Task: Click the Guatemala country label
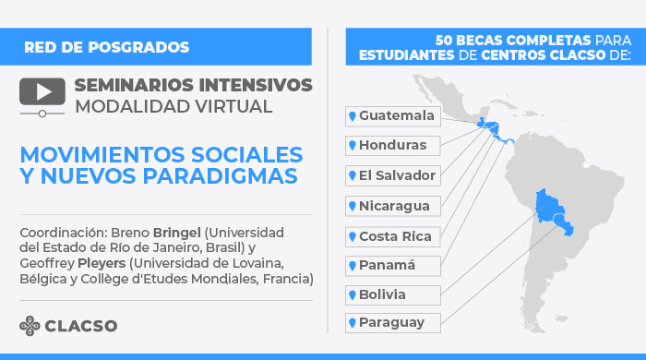(392, 115)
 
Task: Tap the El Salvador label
(392, 175)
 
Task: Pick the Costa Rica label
(392, 235)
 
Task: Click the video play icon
(42, 93)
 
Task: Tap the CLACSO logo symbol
(30, 325)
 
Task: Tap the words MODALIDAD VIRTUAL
(173, 106)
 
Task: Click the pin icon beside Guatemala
(352, 115)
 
